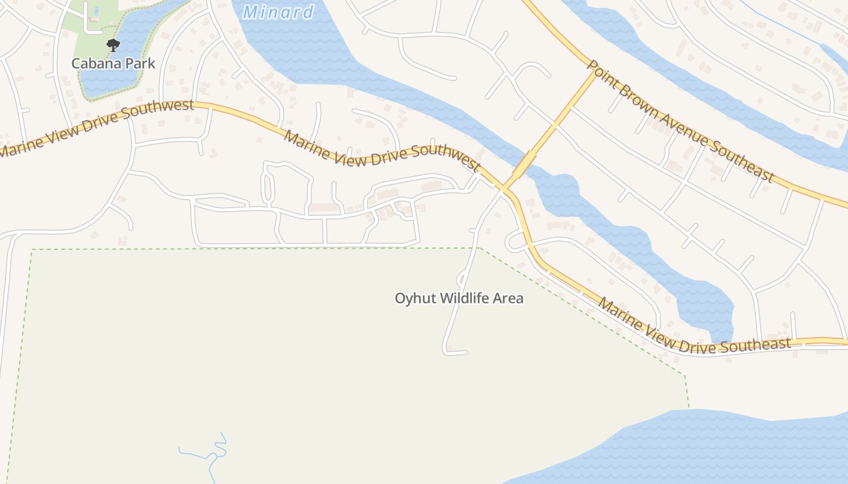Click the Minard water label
click(278, 11)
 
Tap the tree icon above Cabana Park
click(113, 45)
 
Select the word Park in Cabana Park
click(141, 64)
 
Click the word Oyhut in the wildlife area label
click(415, 298)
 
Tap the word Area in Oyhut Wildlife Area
click(509, 298)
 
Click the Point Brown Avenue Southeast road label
click(681, 121)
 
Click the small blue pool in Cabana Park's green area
click(96, 11)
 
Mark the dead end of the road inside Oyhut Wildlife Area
click(465, 352)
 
